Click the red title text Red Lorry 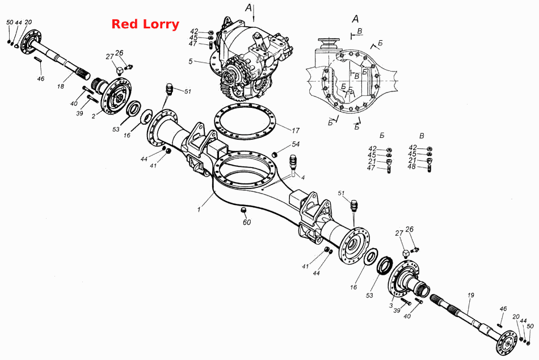coord(145,24)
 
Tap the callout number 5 coord(191,61)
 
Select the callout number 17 coord(296,131)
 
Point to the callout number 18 coord(61,86)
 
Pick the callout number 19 coord(470,295)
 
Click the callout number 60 coord(247,223)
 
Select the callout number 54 coord(296,144)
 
